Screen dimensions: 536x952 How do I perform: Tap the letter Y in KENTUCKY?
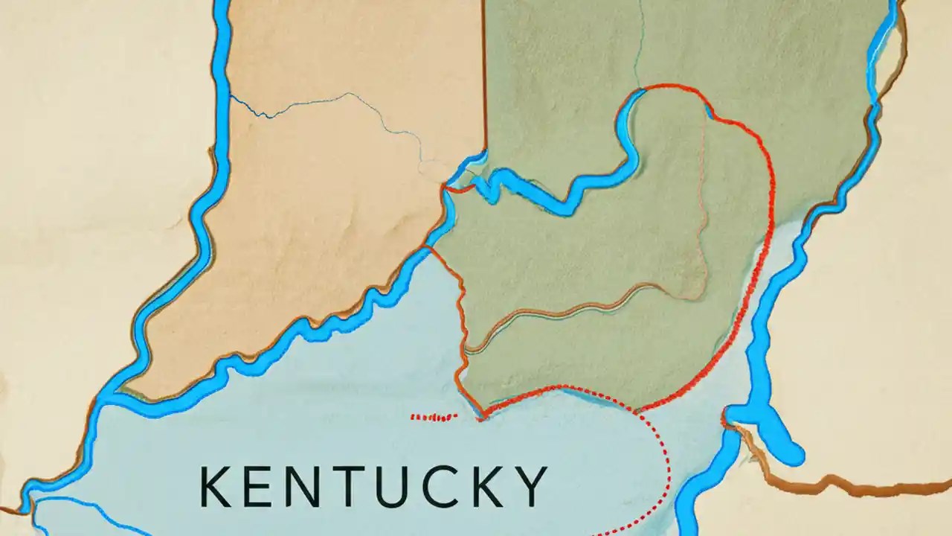pos(530,488)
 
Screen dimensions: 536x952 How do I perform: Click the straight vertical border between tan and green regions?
pos(485,74)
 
